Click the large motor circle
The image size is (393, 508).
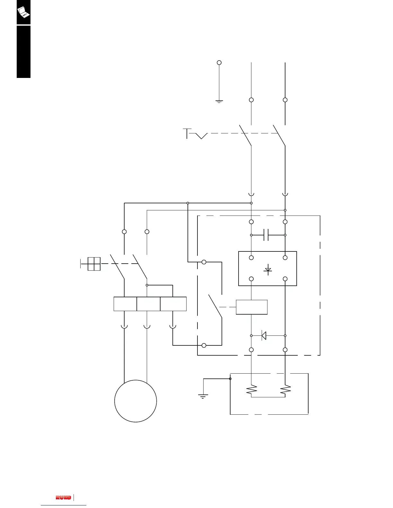pyautogui.click(x=135, y=401)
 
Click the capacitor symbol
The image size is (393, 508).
pyautogui.click(x=266, y=235)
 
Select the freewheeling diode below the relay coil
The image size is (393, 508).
pyautogui.click(x=264, y=335)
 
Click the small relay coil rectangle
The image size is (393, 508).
pyautogui.click(x=252, y=307)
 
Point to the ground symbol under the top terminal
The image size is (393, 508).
pyautogui.click(x=219, y=101)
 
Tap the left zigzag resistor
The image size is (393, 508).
pyautogui.click(x=251, y=390)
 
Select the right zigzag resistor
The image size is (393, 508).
pyautogui.click(x=285, y=390)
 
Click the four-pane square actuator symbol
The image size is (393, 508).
pyautogui.click(x=94, y=264)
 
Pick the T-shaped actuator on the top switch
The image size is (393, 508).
pyautogui.click(x=187, y=133)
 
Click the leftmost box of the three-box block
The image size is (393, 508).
pyautogui.click(x=125, y=304)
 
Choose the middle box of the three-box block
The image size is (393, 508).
pyautogui.click(x=148, y=304)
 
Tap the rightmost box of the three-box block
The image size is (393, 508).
pyautogui.click(x=173, y=304)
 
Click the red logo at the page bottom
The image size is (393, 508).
pyautogui.click(x=63, y=497)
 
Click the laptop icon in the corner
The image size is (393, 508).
pyautogui.click(x=23, y=12)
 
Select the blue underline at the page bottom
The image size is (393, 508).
pyautogui.click(x=64, y=505)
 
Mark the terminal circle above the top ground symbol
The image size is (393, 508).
pyautogui.click(x=219, y=63)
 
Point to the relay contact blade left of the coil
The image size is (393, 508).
pyautogui.click(x=215, y=306)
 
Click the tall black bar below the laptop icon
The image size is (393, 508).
pyautogui.click(x=23, y=52)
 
